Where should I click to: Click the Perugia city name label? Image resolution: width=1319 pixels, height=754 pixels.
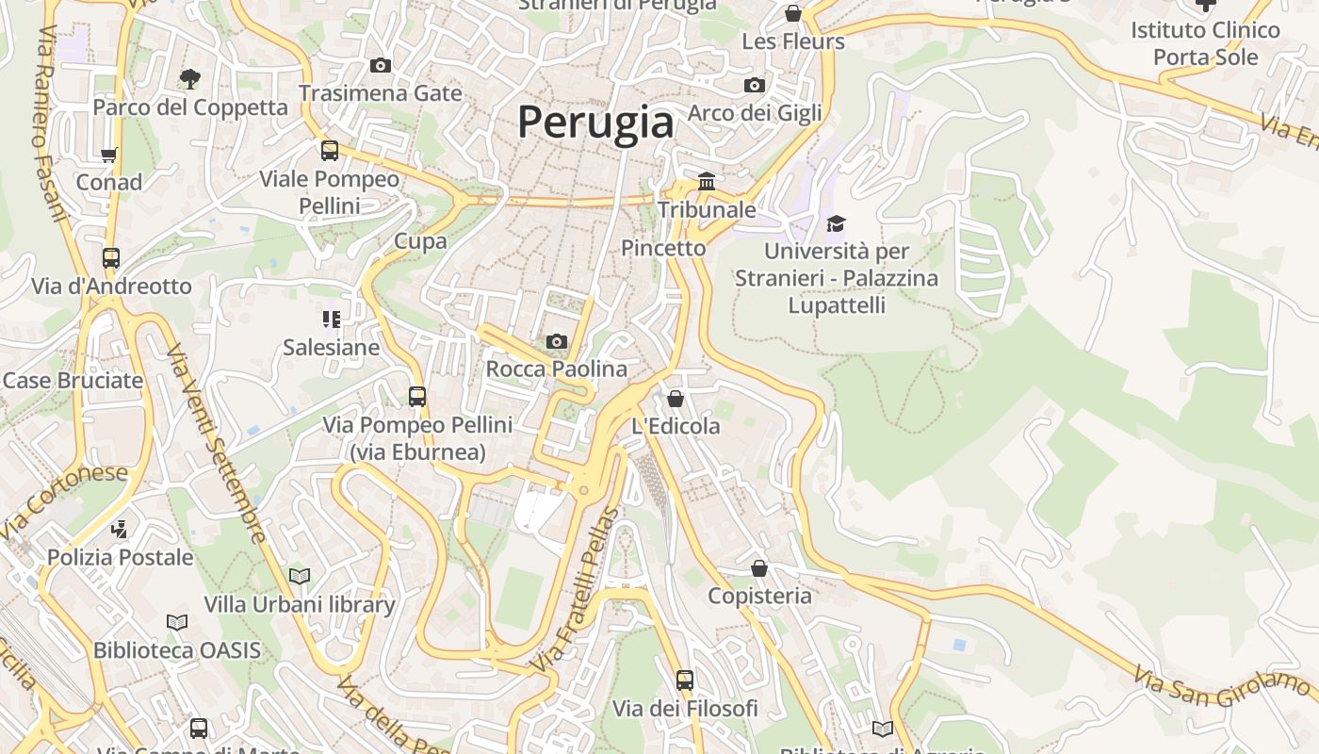(595, 123)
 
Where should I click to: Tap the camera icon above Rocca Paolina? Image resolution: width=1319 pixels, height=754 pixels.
(557, 341)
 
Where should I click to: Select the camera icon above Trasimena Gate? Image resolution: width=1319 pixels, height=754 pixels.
(381, 65)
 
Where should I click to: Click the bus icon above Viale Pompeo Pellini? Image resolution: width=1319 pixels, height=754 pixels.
(330, 150)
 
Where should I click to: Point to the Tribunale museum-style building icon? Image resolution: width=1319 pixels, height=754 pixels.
(707, 181)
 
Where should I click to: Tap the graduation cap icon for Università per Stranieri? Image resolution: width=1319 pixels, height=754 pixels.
(836, 223)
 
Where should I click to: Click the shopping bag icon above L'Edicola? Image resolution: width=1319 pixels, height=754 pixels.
(675, 399)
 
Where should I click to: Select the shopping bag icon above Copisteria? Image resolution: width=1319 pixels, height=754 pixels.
(759, 568)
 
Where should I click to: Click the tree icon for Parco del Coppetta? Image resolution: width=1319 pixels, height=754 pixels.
(190, 78)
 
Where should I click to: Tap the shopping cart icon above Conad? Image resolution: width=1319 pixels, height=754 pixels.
(109, 155)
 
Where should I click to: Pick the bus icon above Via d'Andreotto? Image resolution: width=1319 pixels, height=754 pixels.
(111, 257)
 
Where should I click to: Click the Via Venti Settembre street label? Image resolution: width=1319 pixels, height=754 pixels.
(216, 443)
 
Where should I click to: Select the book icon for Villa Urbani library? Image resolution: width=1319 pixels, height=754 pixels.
(300, 576)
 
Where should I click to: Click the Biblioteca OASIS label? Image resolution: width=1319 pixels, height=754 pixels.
(177, 650)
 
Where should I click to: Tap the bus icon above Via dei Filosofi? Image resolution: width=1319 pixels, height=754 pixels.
(685, 680)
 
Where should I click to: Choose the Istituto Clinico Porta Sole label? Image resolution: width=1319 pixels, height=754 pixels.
(1206, 43)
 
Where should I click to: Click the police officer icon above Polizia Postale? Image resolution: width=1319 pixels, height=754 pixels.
(119, 529)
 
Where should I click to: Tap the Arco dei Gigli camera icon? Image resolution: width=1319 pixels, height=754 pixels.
(755, 85)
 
